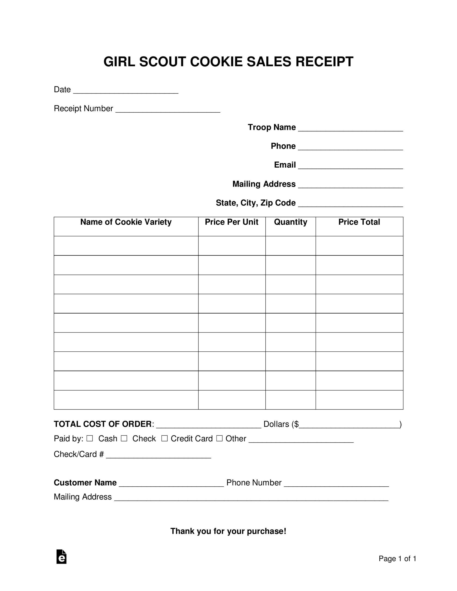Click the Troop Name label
[x=271, y=127]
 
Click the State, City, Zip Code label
[x=256, y=203]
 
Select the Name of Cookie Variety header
[x=126, y=222]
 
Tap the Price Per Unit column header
[x=232, y=222]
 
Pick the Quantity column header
[x=290, y=222]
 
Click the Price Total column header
[x=359, y=222]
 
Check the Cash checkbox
[x=90, y=438]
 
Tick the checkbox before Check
[x=124, y=438]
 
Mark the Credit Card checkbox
[x=165, y=438]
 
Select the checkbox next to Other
[x=219, y=438]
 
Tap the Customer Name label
[x=85, y=482]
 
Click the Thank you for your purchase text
[x=228, y=531]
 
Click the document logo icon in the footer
[x=61, y=557]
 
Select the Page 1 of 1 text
[x=397, y=558]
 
